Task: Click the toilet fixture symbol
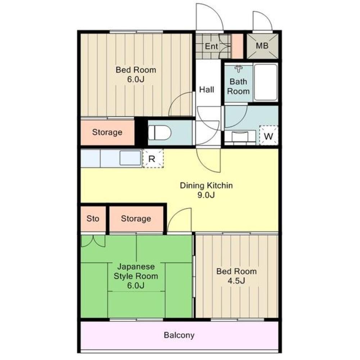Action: pyautogui.click(x=160, y=133)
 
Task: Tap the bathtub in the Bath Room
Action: pyautogui.click(x=266, y=82)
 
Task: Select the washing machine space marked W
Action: pyautogui.click(x=269, y=135)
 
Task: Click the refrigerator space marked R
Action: pyautogui.click(x=153, y=158)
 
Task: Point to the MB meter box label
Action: pyautogui.click(x=262, y=46)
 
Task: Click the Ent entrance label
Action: pyautogui.click(x=211, y=46)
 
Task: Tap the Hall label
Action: pyautogui.click(x=207, y=89)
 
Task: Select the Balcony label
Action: pyautogui.click(x=179, y=335)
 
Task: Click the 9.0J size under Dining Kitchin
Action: pyautogui.click(x=206, y=195)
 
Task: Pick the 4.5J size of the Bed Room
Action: pyautogui.click(x=236, y=281)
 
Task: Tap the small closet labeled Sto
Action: pyautogui.click(x=93, y=219)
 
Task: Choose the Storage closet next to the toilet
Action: pyautogui.click(x=107, y=132)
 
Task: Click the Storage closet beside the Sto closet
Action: pyautogui.click(x=136, y=219)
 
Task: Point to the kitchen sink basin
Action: pyautogui.click(x=130, y=158)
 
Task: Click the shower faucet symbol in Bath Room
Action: pyautogui.click(x=238, y=69)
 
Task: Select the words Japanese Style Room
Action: pyautogui.click(x=136, y=271)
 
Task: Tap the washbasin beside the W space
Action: pyautogui.click(x=240, y=137)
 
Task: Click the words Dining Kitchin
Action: pyautogui.click(x=206, y=185)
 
